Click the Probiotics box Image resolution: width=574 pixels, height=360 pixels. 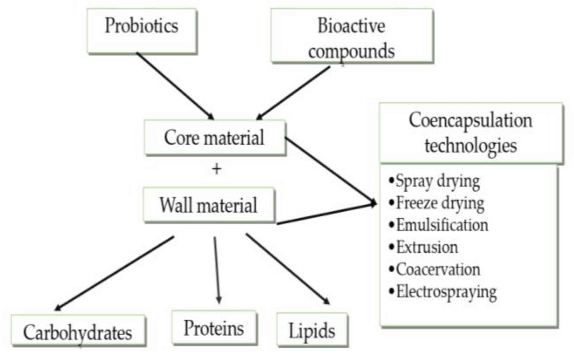point(142,30)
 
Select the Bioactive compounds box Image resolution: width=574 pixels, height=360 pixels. point(352,35)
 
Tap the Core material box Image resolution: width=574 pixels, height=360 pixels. point(215,138)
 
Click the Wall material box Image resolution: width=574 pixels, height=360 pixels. point(209,205)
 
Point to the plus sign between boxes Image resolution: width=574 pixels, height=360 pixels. point(217,169)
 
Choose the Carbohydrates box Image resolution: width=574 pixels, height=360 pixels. point(78,331)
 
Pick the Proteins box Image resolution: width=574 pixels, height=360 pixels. point(214,328)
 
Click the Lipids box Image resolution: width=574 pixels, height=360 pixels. point(312,330)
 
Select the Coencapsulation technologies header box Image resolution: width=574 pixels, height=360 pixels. point(471,133)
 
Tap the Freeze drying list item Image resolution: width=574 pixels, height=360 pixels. point(440,203)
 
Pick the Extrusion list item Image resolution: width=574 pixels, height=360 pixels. point(427,248)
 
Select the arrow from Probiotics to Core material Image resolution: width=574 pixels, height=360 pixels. point(175,86)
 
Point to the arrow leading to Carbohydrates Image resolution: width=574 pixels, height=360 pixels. point(115,273)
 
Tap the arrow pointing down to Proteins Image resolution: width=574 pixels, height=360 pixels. point(217,270)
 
